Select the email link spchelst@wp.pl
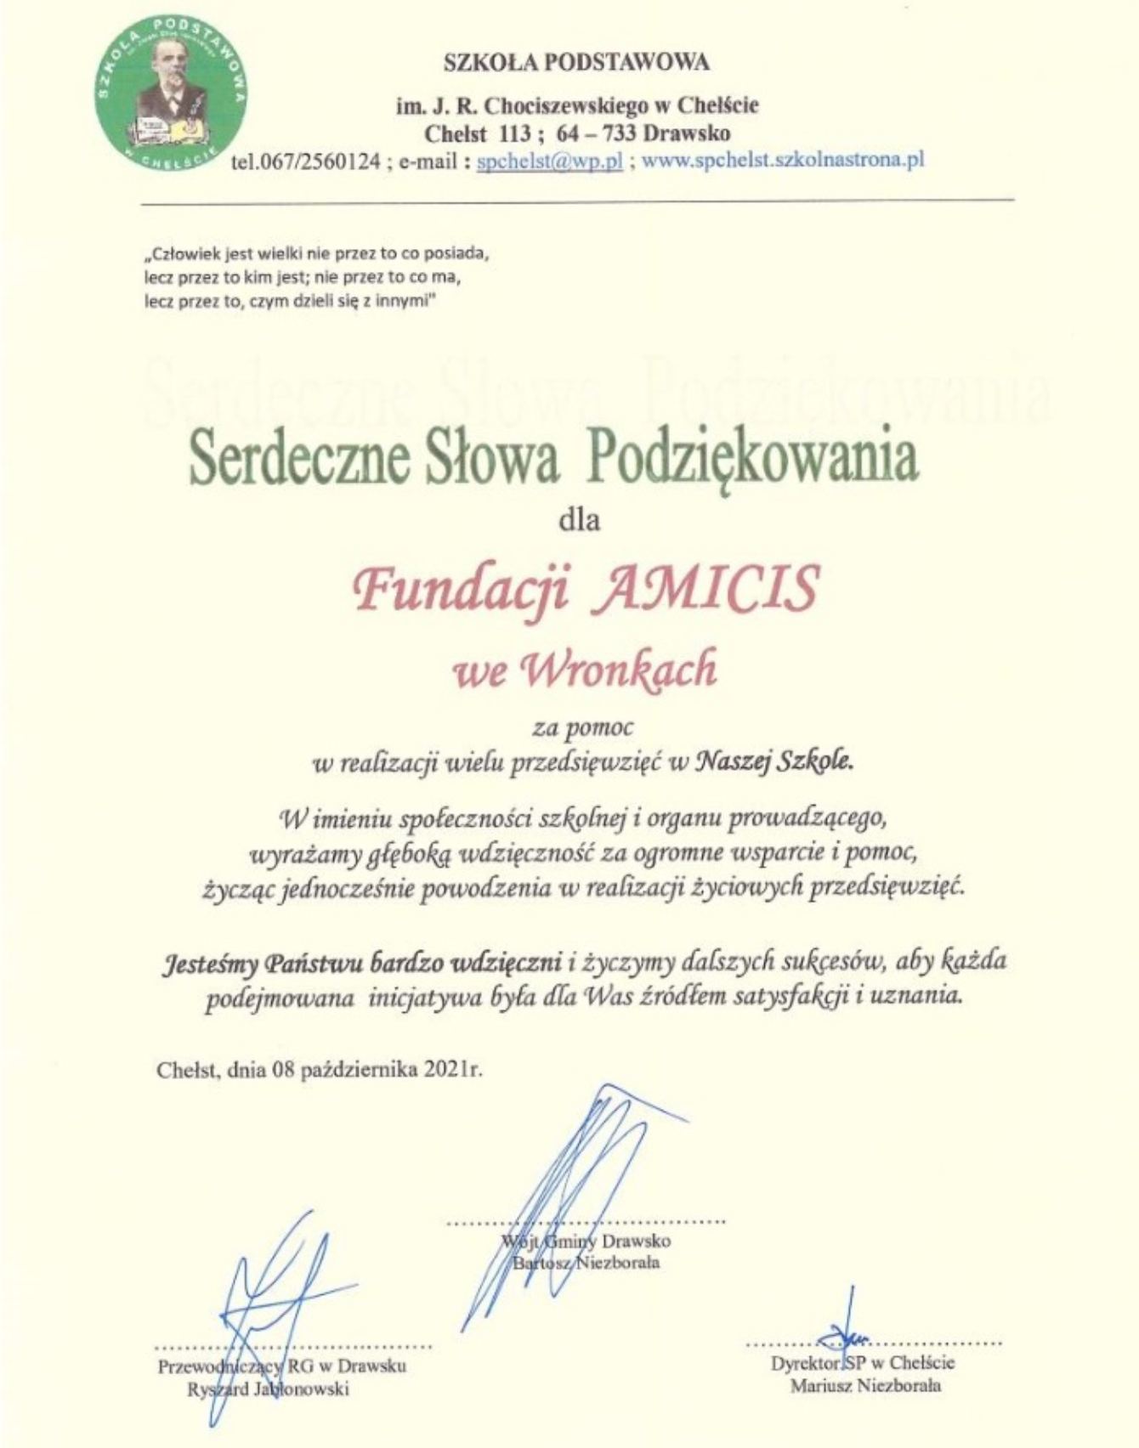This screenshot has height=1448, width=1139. pyautogui.click(x=550, y=161)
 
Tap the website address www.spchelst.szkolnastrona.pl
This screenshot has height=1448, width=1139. pyautogui.click(x=782, y=160)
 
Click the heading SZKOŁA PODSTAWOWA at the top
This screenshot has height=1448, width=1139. pyautogui.click(x=576, y=62)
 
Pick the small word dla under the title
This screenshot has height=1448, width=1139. pyautogui.click(x=579, y=519)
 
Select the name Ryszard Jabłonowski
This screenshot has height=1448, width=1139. pyautogui.click(x=268, y=1389)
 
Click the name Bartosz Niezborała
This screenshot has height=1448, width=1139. pyautogui.click(x=586, y=1263)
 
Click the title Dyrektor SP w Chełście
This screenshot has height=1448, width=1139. pyautogui.click(x=862, y=1363)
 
